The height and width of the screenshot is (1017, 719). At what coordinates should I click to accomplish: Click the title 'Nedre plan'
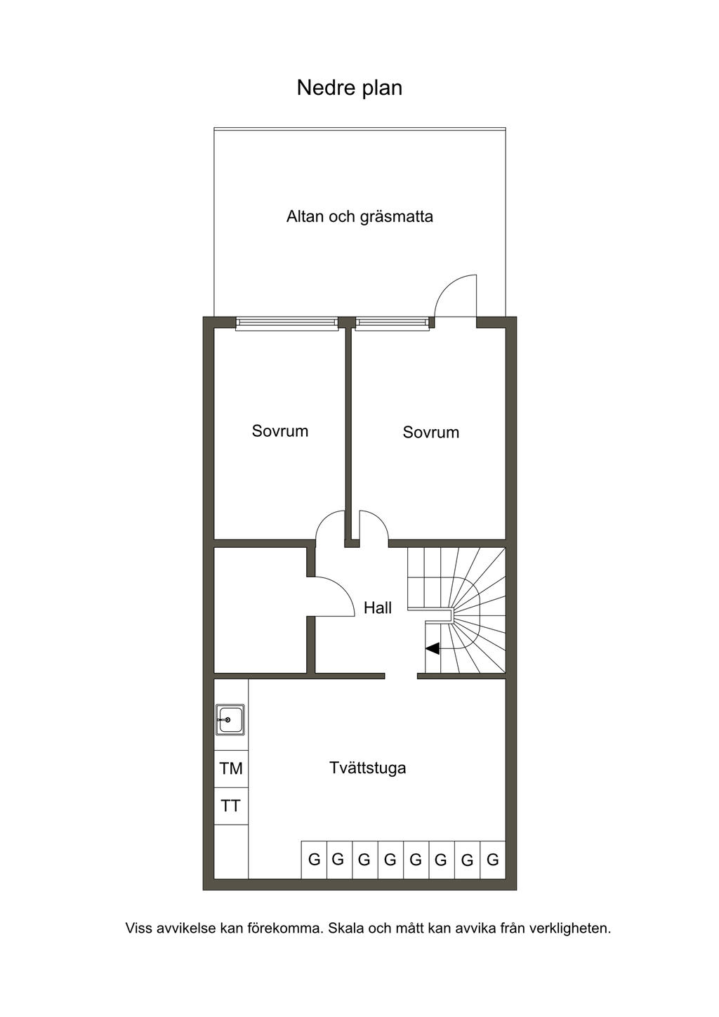click(350, 88)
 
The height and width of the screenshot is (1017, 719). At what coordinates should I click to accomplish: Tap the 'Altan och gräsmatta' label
click(359, 216)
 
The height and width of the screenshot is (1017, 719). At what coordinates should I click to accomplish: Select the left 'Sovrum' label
click(280, 431)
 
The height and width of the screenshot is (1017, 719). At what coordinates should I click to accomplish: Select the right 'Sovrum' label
click(430, 432)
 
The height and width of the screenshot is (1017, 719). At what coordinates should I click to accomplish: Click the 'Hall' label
click(378, 608)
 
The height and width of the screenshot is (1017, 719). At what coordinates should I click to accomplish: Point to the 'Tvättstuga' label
click(368, 768)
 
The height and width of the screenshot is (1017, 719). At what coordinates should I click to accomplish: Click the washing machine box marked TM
click(231, 768)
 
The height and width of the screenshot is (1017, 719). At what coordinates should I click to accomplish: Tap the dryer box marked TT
click(231, 806)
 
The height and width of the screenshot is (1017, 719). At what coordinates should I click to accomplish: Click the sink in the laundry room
click(230, 720)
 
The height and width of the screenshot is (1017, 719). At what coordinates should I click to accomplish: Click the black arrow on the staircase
click(433, 649)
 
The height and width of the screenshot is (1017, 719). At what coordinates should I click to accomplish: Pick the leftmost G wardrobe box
click(314, 860)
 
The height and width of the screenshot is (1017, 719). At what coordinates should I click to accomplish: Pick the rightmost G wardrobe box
click(493, 860)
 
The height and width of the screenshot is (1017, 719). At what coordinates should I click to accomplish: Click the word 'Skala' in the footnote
click(346, 928)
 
